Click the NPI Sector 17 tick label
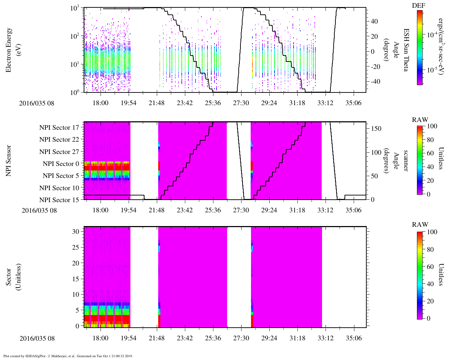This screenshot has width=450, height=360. [x=59, y=128]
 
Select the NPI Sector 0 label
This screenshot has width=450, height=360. [x=61, y=164]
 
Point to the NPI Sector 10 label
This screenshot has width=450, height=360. [x=59, y=188]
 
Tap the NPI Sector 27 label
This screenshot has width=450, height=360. [x=59, y=152]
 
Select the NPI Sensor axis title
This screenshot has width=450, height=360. [x=8, y=161]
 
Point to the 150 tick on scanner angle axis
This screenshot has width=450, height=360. [x=377, y=129]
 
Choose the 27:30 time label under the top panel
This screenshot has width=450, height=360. [x=241, y=103]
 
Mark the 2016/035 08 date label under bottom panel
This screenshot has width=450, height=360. [x=37, y=339]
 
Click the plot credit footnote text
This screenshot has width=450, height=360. [x=68, y=356]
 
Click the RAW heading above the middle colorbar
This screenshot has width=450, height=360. [x=420, y=120]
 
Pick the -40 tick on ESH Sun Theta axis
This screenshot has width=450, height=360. [x=374, y=82]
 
